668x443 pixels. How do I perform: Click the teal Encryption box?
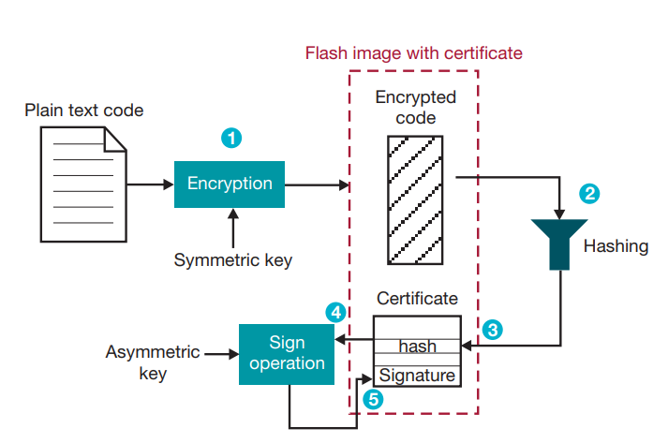coord(230,184)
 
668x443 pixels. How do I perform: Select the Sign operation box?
coord(287,352)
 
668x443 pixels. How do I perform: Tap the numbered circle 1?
coord(230,138)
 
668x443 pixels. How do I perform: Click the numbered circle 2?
coord(589,194)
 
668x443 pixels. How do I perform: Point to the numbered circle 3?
coord(493,330)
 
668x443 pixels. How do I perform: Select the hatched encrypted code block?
coord(415,199)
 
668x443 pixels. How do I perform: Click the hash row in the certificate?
coord(417,346)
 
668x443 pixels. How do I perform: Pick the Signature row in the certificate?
coord(417,376)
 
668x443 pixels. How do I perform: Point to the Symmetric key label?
coord(232,260)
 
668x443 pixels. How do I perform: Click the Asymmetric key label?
coord(153,362)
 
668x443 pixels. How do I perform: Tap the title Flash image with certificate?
coord(413,52)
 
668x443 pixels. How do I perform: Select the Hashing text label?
coord(616,246)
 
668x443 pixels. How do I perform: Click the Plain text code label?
coord(84,111)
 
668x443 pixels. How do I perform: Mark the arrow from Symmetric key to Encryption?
coord(230,227)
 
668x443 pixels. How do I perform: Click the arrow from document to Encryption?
coord(150,184)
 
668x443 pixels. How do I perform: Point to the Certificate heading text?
coord(417,299)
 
